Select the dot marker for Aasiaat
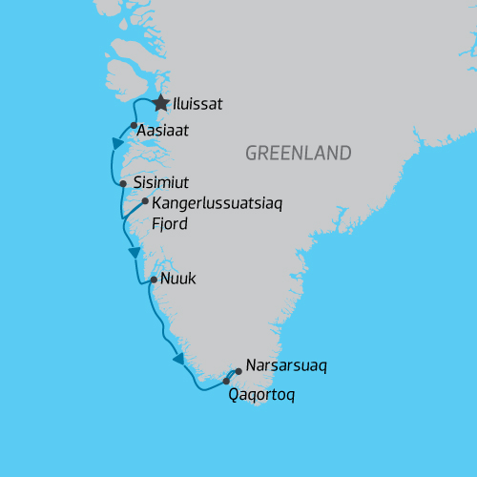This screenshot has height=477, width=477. [x=134, y=125]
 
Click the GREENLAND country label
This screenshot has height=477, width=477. [x=298, y=153]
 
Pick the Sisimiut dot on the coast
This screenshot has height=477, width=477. [x=123, y=183]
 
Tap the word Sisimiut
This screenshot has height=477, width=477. [x=162, y=183]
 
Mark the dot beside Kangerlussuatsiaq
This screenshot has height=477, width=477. [x=145, y=201]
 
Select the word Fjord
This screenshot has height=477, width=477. [x=172, y=224]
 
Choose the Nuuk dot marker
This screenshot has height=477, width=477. [x=154, y=280]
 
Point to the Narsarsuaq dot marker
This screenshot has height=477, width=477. [x=238, y=372]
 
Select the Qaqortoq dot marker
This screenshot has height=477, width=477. [x=226, y=381]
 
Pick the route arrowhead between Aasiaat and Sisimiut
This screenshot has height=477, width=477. [x=118, y=143]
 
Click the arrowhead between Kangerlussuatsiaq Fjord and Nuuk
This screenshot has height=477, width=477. [x=135, y=252]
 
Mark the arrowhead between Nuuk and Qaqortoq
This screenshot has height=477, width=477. [x=178, y=359]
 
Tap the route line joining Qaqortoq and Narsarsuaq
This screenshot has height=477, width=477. [x=232, y=376]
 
